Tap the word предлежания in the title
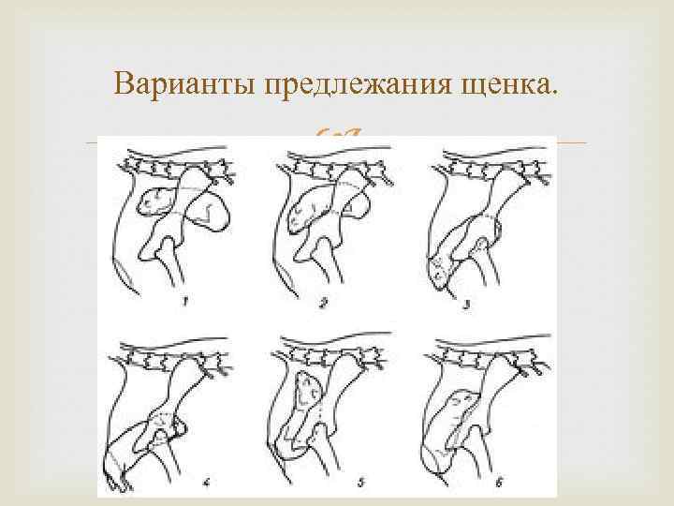(x=358, y=84)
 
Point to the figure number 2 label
(x=323, y=304)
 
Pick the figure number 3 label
(x=467, y=305)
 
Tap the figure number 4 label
(x=206, y=483)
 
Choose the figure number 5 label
(x=361, y=483)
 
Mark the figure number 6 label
(x=499, y=483)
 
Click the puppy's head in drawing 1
(x=154, y=202)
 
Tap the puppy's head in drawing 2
(x=304, y=212)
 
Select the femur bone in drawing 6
(x=478, y=448)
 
